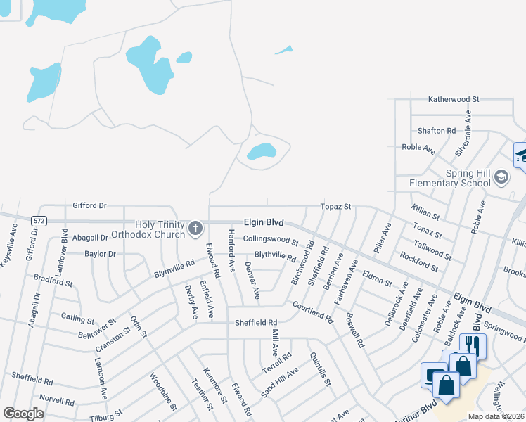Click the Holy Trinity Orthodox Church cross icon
[195, 229]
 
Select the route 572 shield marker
[39, 221]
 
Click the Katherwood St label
[454, 100]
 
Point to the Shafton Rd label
[436, 131]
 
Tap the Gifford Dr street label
[89, 206]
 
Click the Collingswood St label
[271, 239]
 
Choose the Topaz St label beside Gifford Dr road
[335, 207]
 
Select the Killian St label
[426, 214]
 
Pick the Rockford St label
[418, 262]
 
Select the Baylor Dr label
[100, 254]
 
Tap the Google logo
[23, 414]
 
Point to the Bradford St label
[53, 281]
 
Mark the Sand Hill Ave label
[280, 382]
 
